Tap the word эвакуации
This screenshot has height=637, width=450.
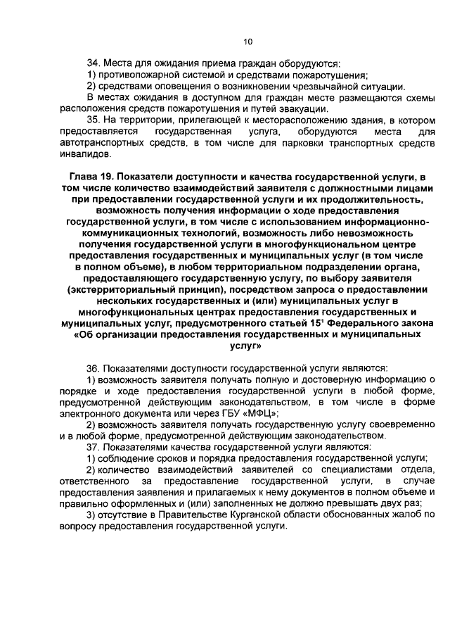point(302,109)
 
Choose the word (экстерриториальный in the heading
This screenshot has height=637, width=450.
point(122,289)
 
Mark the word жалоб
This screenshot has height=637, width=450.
point(406,517)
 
